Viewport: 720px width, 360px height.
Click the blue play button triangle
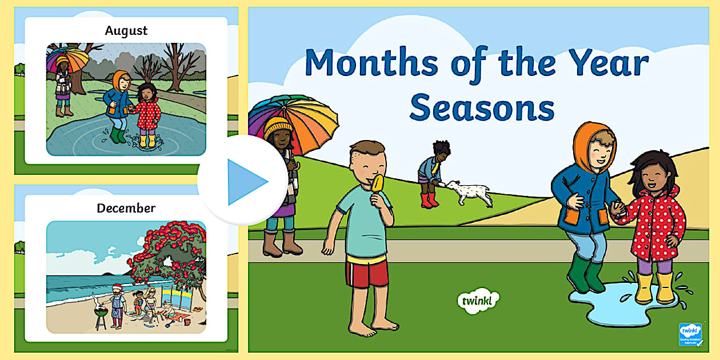tap(245, 182)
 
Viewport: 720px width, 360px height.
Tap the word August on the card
tap(126, 30)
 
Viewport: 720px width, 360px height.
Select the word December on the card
tap(126, 208)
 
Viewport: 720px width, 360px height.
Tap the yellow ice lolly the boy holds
tap(377, 186)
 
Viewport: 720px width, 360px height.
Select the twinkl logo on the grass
tap(478, 300)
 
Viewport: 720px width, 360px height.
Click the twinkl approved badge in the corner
tap(690, 334)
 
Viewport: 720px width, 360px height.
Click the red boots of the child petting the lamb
tap(429, 200)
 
